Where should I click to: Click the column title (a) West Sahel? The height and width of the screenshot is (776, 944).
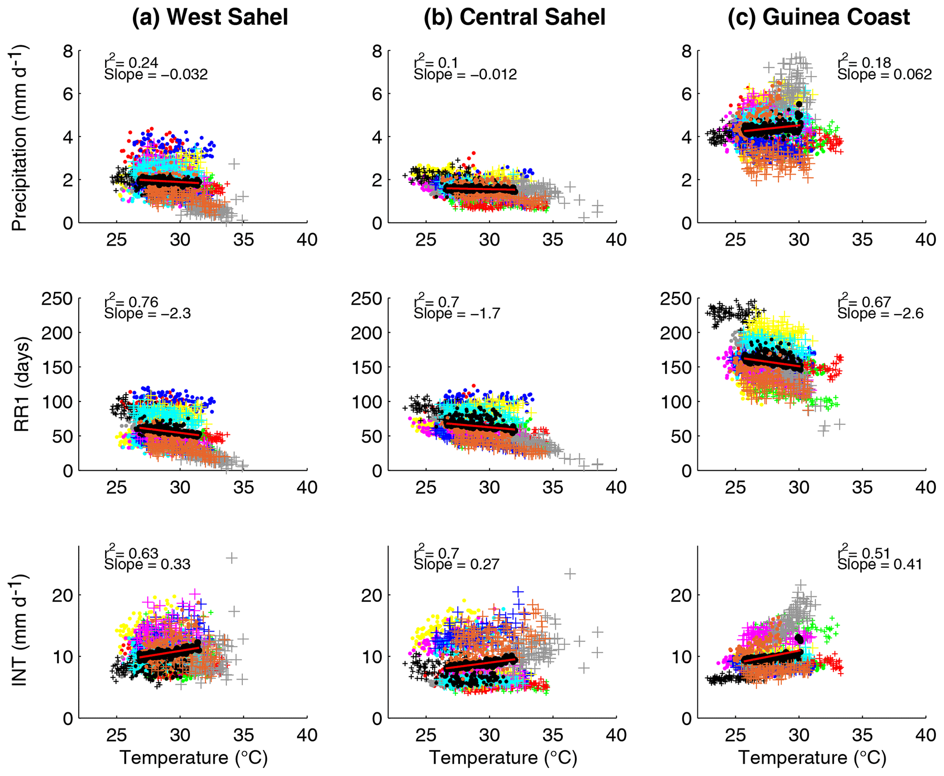(210, 17)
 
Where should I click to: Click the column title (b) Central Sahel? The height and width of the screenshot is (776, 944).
(514, 17)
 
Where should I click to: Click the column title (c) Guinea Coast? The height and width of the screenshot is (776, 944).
(818, 17)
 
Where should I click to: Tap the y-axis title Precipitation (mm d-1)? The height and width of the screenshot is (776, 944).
(19, 137)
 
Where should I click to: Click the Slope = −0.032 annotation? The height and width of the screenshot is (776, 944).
(156, 74)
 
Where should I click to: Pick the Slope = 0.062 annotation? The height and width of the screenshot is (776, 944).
(884, 74)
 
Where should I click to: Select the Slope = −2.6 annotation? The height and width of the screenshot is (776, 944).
(880, 314)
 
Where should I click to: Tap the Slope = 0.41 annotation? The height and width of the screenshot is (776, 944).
(880, 565)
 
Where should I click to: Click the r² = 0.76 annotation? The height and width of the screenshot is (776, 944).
(132, 301)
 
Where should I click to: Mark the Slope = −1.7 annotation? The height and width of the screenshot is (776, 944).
(457, 314)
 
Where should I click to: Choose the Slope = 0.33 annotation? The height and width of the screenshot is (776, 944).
(147, 565)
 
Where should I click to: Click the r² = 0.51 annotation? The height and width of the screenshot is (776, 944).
(864, 553)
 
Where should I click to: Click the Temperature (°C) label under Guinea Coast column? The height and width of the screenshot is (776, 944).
(812, 758)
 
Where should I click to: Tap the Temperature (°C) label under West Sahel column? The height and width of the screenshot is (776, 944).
(194, 758)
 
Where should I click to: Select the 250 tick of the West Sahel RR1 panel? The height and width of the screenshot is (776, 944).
(57, 299)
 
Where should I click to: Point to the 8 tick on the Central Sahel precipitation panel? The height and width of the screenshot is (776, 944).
(377, 51)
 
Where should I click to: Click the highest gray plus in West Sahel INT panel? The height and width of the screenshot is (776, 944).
(232, 558)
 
